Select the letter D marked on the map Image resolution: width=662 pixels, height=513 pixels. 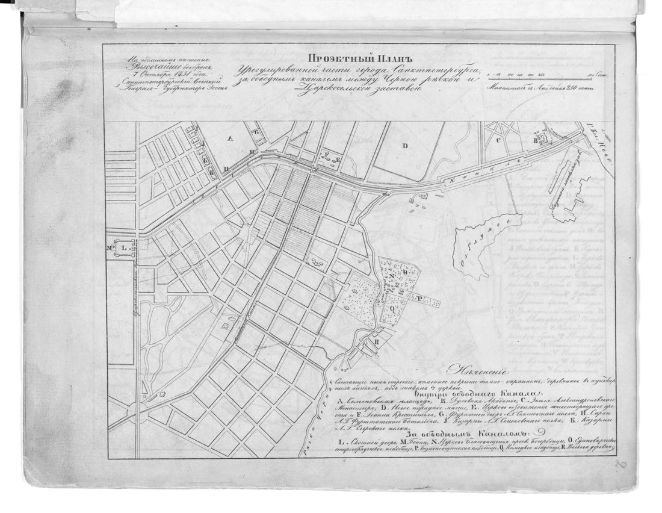[x=405, y=145]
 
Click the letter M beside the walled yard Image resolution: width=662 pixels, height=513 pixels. [x=110, y=247]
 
